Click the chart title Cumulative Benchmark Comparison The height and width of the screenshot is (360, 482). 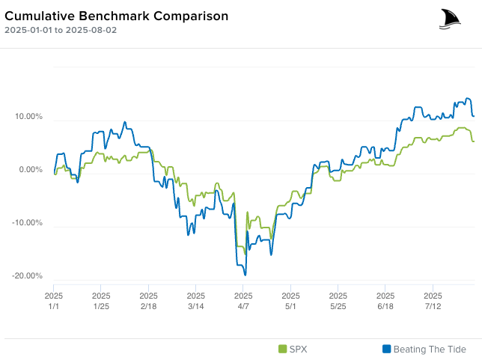pyautogui.click(x=117, y=16)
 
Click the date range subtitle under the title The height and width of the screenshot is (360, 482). pyautogui.click(x=61, y=31)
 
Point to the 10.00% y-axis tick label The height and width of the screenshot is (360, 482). pyautogui.click(x=28, y=117)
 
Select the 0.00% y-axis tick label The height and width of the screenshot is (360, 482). pyautogui.click(x=31, y=170)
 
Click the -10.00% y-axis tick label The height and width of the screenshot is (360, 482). pyautogui.click(x=28, y=223)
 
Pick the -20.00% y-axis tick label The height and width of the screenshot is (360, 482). pyautogui.click(x=28, y=276)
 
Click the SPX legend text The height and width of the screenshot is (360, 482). pyautogui.click(x=298, y=349)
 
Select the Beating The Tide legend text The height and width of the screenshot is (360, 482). pyautogui.click(x=429, y=349)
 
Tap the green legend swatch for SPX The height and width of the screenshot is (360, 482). pyautogui.click(x=282, y=349)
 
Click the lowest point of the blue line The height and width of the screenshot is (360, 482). pyautogui.click(x=245, y=275)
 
